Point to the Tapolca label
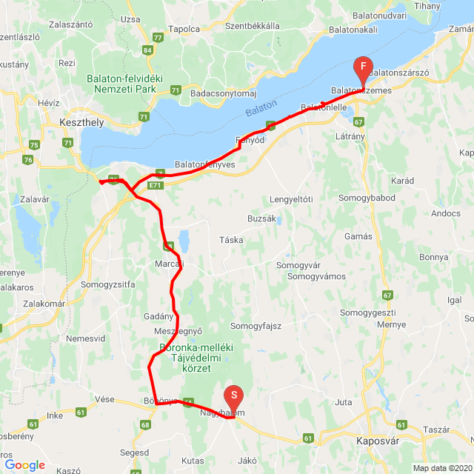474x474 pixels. [184, 29]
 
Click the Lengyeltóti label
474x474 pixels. [291, 199]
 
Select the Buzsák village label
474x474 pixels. [262, 219]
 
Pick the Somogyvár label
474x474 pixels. [298, 265]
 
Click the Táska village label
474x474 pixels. [231, 240]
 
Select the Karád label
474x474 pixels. [403, 181]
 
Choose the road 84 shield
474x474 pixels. [148, 50]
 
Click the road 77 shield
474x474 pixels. [157, 37]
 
